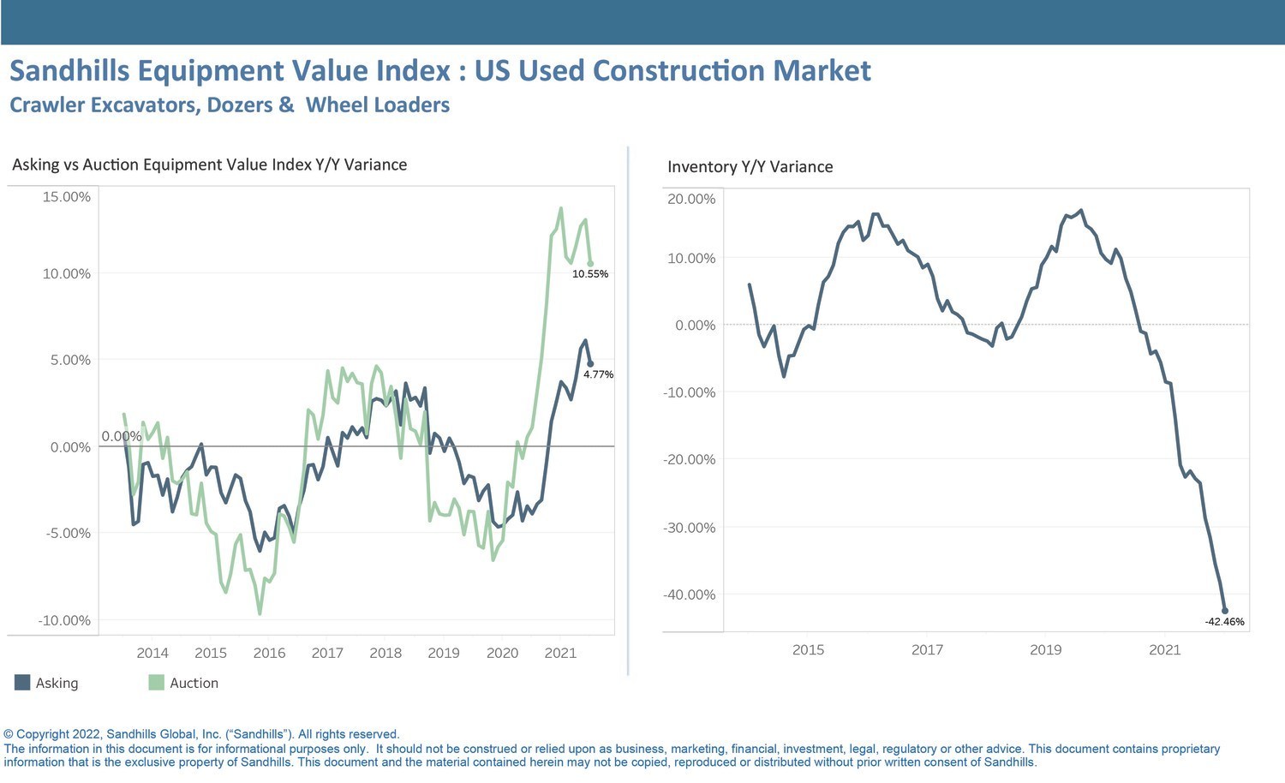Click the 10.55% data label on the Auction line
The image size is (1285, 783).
[590, 274]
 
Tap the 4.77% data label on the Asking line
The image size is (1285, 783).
[598, 374]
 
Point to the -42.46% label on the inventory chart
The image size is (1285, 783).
[1224, 622]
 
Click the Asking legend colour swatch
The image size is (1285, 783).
[22, 683]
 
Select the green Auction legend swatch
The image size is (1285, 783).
[156, 683]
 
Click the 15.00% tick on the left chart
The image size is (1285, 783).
[66, 197]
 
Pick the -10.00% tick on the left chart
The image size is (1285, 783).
[64, 620]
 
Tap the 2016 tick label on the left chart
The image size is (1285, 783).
[269, 653]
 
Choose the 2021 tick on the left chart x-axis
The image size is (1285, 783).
[560, 653]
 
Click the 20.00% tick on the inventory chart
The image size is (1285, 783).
[691, 199]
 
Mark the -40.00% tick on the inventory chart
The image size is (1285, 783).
[689, 595]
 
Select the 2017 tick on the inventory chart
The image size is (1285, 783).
[927, 649]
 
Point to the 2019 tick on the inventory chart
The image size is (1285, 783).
[1045, 649]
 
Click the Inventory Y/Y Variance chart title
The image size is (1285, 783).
[750, 167]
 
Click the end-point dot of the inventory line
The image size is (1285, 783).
[1225, 611]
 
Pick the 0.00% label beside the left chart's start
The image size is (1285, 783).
[122, 436]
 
